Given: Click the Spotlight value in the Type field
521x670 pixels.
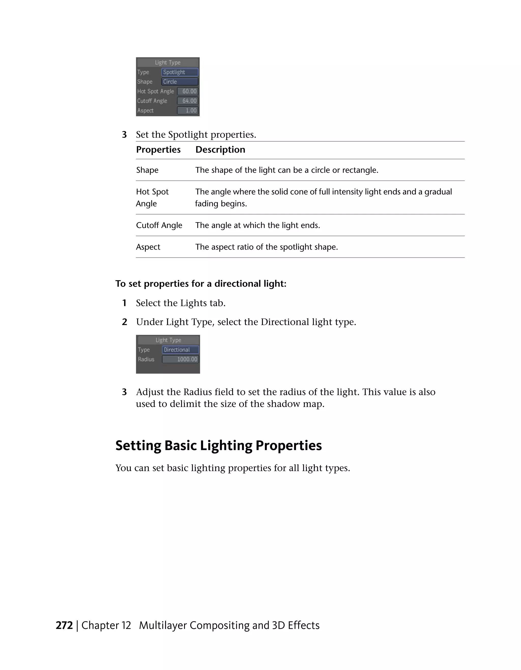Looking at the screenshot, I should click(x=180, y=72).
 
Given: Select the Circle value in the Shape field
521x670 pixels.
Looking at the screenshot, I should click(x=180, y=82).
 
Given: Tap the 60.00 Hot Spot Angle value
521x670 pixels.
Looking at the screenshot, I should click(x=188, y=91).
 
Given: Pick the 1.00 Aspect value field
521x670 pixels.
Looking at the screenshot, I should click(x=188, y=110).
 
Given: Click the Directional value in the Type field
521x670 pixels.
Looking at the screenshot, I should click(x=180, y=350).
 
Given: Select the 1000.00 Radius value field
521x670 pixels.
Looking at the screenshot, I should click(x=180, y=359).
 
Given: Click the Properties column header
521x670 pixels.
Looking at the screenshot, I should click(x=158, y=150).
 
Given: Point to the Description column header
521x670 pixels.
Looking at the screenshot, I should click(x=220, y=150).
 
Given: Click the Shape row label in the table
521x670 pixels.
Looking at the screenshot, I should click(x=147, y=170).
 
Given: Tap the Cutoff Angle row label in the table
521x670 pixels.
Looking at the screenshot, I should click(x=159, y=225).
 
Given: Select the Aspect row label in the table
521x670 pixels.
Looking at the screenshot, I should click(x=148, y=247).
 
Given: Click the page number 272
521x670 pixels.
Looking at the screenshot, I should click(x=64, y=625).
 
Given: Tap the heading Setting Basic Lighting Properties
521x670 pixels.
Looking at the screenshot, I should click(x=218, y=446).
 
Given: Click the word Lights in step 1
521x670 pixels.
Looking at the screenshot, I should click(x=193, y=303).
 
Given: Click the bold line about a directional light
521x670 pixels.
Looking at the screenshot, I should click(x=201, y=284).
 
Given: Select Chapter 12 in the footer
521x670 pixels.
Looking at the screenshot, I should click(x=106, y=625).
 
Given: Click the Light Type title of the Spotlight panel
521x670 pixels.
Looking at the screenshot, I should click(x=167, y=63).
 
